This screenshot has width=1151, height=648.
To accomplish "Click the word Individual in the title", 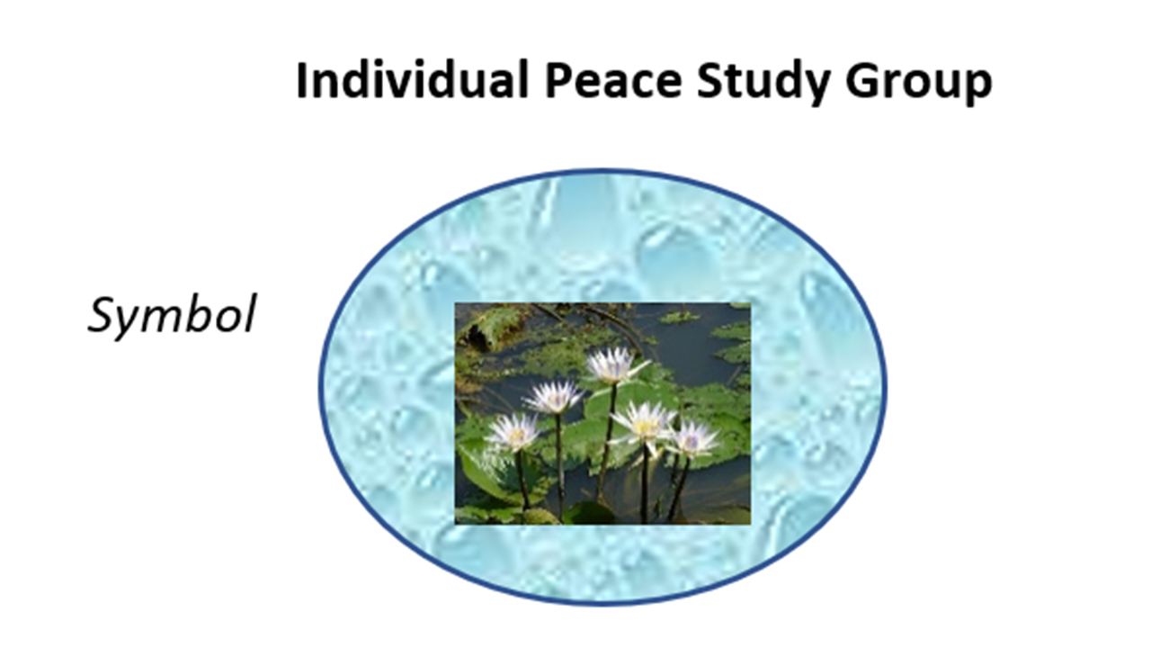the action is point(413,80).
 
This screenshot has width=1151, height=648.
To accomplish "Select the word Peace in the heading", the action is point(613,81).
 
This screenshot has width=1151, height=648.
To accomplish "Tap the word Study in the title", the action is point(763,82).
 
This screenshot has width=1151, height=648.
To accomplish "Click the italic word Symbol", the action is point(172,315).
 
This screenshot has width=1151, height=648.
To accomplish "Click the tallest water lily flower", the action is point(614,365).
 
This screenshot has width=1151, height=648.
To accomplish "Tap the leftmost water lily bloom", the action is point(513,433).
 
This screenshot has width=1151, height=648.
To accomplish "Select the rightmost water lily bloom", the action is point(692,440).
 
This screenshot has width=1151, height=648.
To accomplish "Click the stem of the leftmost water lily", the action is point(522,481).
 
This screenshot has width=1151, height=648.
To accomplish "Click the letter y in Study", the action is point(812,88).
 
